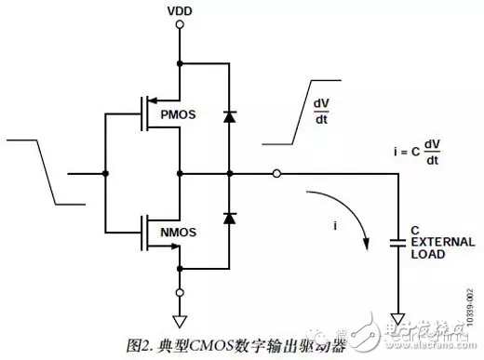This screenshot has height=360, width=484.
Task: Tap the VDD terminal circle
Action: [179, 27]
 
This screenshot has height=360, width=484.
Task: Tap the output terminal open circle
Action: [277, 174]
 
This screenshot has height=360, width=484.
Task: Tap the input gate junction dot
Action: [105, 174]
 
